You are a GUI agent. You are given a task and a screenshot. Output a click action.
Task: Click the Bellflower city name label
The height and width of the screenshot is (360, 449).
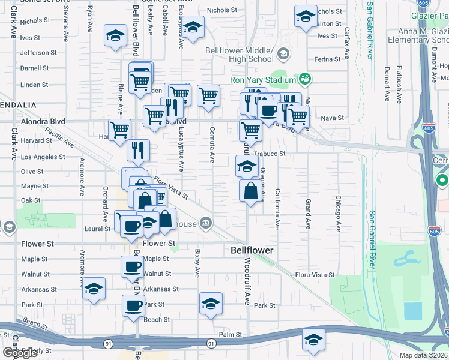pos(252,250)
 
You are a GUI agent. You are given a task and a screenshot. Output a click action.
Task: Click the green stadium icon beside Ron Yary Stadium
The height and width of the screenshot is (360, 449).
pos(304,79)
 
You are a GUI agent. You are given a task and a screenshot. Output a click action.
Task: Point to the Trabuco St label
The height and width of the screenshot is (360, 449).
pos(269,154)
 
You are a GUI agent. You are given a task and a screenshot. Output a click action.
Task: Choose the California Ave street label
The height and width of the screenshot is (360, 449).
pos(277,209)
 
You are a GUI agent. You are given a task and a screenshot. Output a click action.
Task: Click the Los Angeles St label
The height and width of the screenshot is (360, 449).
pos(43,157)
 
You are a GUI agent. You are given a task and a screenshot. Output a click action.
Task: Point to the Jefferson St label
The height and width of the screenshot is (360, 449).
pos(38,53)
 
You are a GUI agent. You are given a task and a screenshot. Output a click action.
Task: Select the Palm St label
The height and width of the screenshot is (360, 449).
pos(230,334)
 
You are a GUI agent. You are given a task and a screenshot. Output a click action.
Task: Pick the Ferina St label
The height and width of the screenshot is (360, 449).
pos(327,59)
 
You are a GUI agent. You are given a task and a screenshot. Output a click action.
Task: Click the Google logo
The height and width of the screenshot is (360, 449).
pos(20,353)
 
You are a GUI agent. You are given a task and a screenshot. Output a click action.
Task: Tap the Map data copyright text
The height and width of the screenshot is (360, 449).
pos(424,355)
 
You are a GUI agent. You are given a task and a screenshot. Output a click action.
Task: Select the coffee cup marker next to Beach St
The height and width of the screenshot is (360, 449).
pos(134,305)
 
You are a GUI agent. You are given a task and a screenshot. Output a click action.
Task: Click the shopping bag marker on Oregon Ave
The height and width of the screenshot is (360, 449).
pos(251,191)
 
